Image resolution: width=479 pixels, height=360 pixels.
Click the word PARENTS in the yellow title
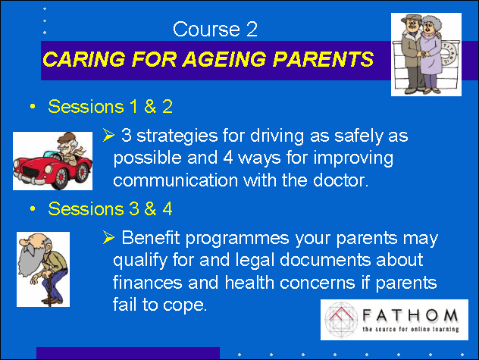323,58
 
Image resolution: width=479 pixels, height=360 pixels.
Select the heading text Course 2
215,30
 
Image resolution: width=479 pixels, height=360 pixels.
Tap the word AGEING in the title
224,58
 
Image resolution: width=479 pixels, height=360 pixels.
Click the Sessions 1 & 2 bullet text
111,106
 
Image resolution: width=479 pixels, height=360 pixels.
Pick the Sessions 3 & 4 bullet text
111,208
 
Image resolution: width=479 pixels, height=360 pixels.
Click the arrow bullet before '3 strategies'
108,135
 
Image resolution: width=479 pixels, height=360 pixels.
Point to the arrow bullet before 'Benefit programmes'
108,237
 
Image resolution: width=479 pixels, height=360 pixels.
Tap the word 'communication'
175,180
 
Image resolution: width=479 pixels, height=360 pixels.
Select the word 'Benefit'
151,237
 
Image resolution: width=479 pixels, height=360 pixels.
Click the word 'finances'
147,282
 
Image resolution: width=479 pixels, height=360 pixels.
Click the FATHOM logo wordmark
410,315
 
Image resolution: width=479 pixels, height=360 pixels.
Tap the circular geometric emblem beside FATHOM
341,320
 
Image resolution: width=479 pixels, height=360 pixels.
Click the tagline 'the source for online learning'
411,329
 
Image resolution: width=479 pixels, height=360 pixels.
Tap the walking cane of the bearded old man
48,289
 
